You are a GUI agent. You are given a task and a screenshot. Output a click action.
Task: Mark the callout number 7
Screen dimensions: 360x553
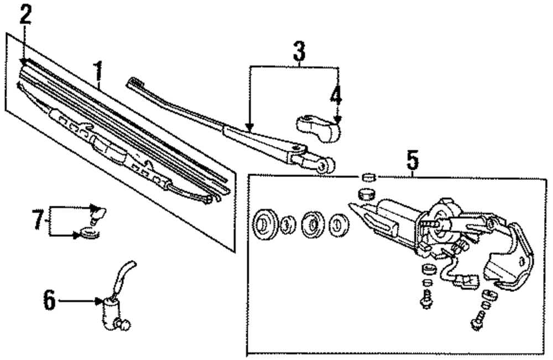[x=36, y=221]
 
